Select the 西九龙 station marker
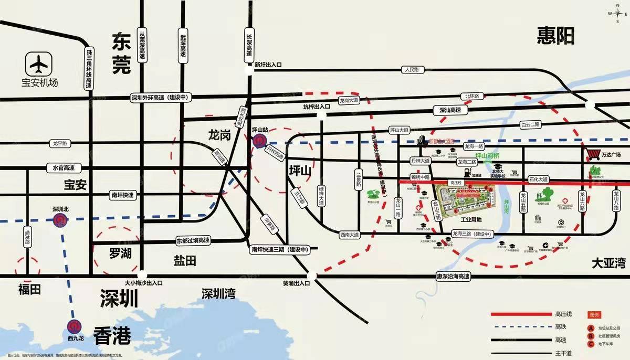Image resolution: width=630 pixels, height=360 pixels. pyautogui.click(x=74, y=326)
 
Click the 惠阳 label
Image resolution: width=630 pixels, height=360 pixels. pyautogui.click(x=556, y=36)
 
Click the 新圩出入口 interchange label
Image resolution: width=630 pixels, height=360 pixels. pyautogui.click(x=268, y=65)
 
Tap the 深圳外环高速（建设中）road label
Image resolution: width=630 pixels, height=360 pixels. pyautogui.click(x=162, y=98)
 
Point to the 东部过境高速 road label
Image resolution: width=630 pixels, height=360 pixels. pyautogui.click(x=193, y=241)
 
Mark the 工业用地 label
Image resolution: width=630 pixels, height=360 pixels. pyautogui.click(x=470, y=220)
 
